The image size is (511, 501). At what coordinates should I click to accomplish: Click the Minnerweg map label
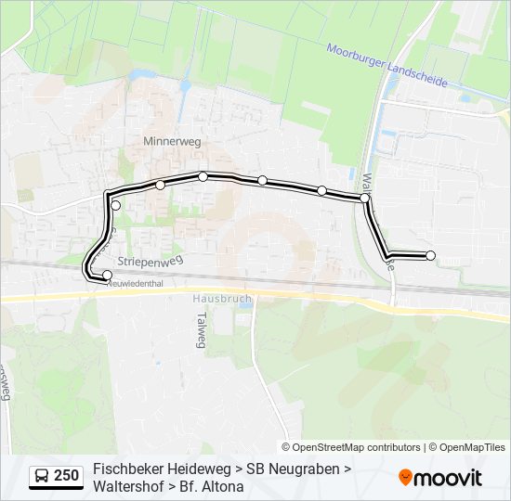172,142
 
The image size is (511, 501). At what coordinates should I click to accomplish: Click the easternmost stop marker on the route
430,255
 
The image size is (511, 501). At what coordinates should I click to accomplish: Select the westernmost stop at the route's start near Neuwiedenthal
107,275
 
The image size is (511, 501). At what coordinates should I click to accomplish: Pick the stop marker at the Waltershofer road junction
365,198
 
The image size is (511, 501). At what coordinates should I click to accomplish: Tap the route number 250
67,477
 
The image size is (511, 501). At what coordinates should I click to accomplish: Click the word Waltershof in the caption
129,486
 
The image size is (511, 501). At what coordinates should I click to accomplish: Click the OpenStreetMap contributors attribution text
358,447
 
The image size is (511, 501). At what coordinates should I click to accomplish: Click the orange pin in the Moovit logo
405,478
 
